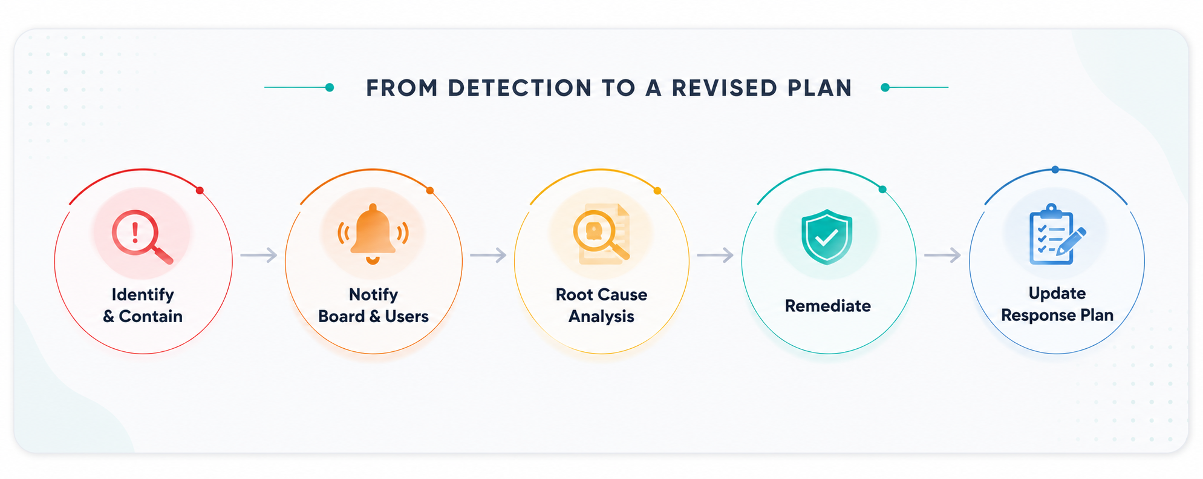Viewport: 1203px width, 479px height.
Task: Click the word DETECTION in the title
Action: pos(520,88)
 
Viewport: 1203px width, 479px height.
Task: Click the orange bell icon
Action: pos(373,234)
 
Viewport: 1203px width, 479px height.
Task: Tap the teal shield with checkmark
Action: pos(827,237)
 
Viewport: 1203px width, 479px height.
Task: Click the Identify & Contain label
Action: pos(143,305)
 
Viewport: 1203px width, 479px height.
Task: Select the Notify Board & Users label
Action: pos(373,305)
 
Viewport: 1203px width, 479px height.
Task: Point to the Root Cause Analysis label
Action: pos(601,305)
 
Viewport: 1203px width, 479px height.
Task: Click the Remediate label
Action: pos(827,306)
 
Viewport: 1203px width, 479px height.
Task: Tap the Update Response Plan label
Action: pos(1057,304)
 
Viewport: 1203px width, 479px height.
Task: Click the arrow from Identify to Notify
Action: pos(259,256)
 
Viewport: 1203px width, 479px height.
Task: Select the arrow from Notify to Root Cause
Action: pos(488,256)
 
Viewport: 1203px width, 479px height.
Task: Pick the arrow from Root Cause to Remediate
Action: pos(716,256)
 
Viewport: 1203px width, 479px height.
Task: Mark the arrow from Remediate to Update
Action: pos(943,256)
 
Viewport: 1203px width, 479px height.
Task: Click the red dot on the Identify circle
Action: pos(200,191)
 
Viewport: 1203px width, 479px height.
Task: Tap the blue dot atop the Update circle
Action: pos(1055,170)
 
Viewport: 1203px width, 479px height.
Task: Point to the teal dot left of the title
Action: pos(330,88)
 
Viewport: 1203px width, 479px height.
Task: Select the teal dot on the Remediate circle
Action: pos(882,190)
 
